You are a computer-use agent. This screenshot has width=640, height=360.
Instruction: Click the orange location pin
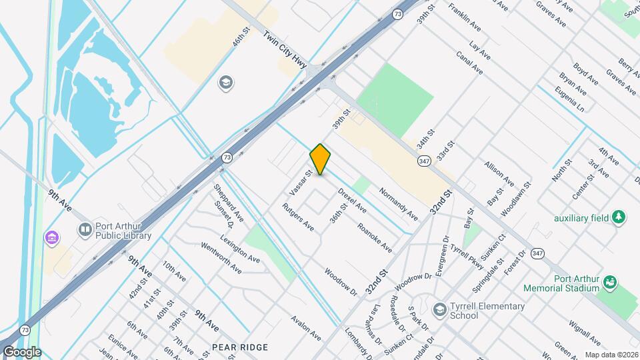point(321,159)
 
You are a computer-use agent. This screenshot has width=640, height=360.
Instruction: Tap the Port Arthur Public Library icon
point(85,230)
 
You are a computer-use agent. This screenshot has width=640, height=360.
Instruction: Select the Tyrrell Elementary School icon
point(439,310)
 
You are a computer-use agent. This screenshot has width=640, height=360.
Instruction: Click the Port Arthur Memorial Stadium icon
point(610,283)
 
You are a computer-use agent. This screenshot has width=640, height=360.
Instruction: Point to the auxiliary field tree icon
point(619,218)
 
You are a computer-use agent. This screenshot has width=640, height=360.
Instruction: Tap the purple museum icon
point(51,237)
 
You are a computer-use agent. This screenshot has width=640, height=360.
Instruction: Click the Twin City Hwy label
point(285,51)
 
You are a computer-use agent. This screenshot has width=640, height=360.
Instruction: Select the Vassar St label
point(301,183)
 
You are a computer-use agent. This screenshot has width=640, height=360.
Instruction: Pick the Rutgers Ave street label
point(298,217)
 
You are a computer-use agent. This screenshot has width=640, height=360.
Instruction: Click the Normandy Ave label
point(398,203)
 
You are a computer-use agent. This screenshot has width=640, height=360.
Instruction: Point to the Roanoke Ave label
point(374,237)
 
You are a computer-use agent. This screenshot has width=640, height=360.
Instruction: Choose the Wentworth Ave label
point(221,259)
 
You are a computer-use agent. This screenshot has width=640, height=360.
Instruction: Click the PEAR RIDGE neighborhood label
point(240,347)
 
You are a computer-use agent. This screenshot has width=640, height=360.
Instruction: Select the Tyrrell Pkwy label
point(466,253)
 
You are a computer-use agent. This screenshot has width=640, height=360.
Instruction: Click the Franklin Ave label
point(465,19)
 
